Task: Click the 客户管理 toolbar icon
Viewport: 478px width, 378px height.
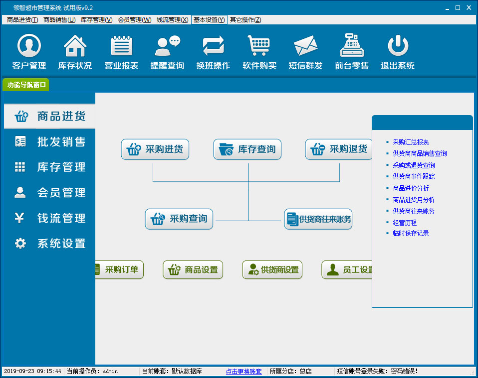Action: pos(29,46)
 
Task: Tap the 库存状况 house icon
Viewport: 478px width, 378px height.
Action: pos(75,46)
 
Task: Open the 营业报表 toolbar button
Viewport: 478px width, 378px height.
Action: pos(121,46)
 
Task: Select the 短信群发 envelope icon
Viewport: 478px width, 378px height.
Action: pos(305,46)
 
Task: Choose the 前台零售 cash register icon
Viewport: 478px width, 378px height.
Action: pos(352,45)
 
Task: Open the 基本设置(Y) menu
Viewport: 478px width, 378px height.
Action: pos(209,20)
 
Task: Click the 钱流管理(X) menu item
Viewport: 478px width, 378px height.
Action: pos(172,20)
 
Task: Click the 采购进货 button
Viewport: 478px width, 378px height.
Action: pos(155,149)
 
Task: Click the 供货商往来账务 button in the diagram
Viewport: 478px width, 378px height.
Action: pos(318,219)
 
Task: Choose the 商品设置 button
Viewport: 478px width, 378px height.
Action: pos(193,269)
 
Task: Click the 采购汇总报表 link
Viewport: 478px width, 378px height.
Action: pos(411,142)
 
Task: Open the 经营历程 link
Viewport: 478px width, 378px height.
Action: pos(405,223)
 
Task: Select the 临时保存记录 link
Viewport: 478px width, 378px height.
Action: pos(411,234)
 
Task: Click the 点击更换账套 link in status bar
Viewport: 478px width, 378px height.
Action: pos(243,372)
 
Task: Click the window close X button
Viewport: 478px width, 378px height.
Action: pos(469,7)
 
